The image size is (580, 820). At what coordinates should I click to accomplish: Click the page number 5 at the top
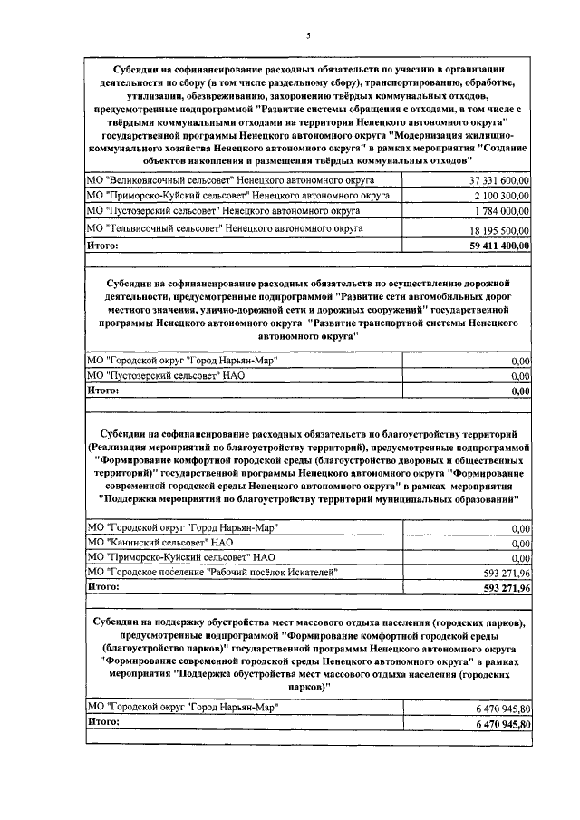tap(308, 35)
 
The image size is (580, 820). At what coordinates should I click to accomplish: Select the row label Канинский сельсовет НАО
tap(159, 542)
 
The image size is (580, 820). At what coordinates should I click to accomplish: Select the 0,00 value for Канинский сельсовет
tap(520, 543)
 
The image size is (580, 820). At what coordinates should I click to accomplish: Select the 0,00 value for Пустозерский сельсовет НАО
tap(520, 376)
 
